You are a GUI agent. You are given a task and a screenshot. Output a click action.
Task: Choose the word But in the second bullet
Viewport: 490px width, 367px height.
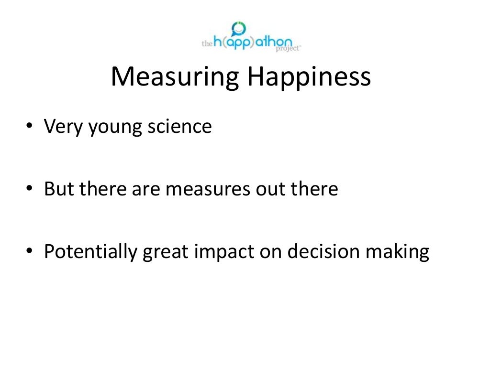59,189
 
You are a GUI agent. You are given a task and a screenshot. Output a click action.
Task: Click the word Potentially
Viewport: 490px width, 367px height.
91,252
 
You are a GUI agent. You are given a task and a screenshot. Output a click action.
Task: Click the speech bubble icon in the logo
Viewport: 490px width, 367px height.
238,29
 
